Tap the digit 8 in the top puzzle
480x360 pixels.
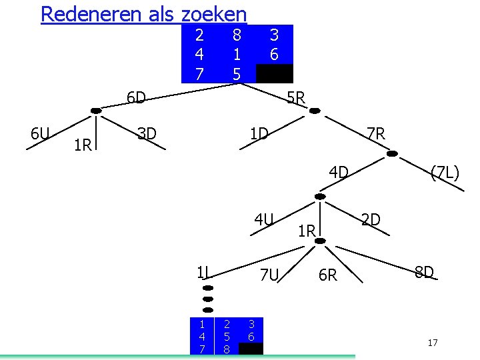tap(237, 34)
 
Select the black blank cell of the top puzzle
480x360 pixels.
tap(274, 73)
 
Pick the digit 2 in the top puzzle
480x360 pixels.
tap(199, 34)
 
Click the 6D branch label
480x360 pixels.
tap(136, 99)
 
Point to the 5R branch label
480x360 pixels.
tap(296, 99)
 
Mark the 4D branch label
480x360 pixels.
tap(339, 173)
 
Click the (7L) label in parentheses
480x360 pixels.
tap(445, 173)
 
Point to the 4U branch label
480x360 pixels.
tap(264, 218)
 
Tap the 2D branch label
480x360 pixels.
tap(371, 219)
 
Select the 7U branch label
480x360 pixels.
tap(269, 274)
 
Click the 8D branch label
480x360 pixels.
tap(424, 272)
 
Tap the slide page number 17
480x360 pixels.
tap(433, 343)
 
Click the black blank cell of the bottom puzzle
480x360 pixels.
tap(251, 349)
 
